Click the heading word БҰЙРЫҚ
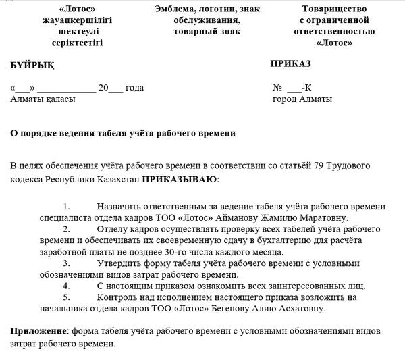pyautogui.click(x=32, y=66)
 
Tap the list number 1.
pyautogui.click(x=65, y=206)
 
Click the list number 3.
pyautogui.click(x=65, y=263)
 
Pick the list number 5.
pyautogui.click(x=65, y=297)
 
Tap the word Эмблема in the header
pyautogui.click(x=178, y=9)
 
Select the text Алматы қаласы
pyautogui.click(x=43, y=99)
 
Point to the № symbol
pyautogui.click(x=277, y=88)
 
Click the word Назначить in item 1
pyautogui.click(x=123, y=206)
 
